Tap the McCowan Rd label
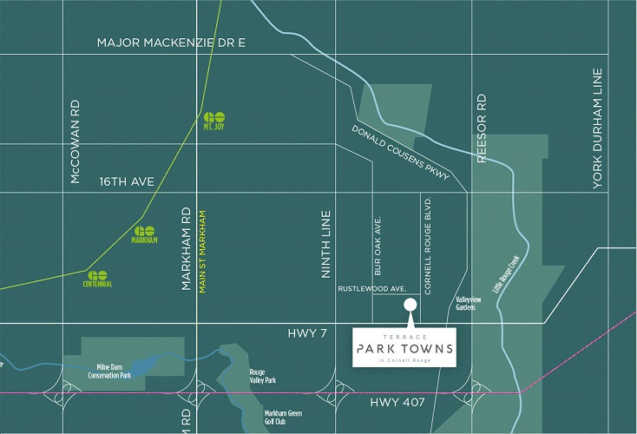coord(76,140)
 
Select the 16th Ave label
coord(127,182)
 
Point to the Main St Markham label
coord(203,251)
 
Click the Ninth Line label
coord(327,245)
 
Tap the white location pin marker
coord(409,305)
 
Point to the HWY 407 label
coord(396,403)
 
